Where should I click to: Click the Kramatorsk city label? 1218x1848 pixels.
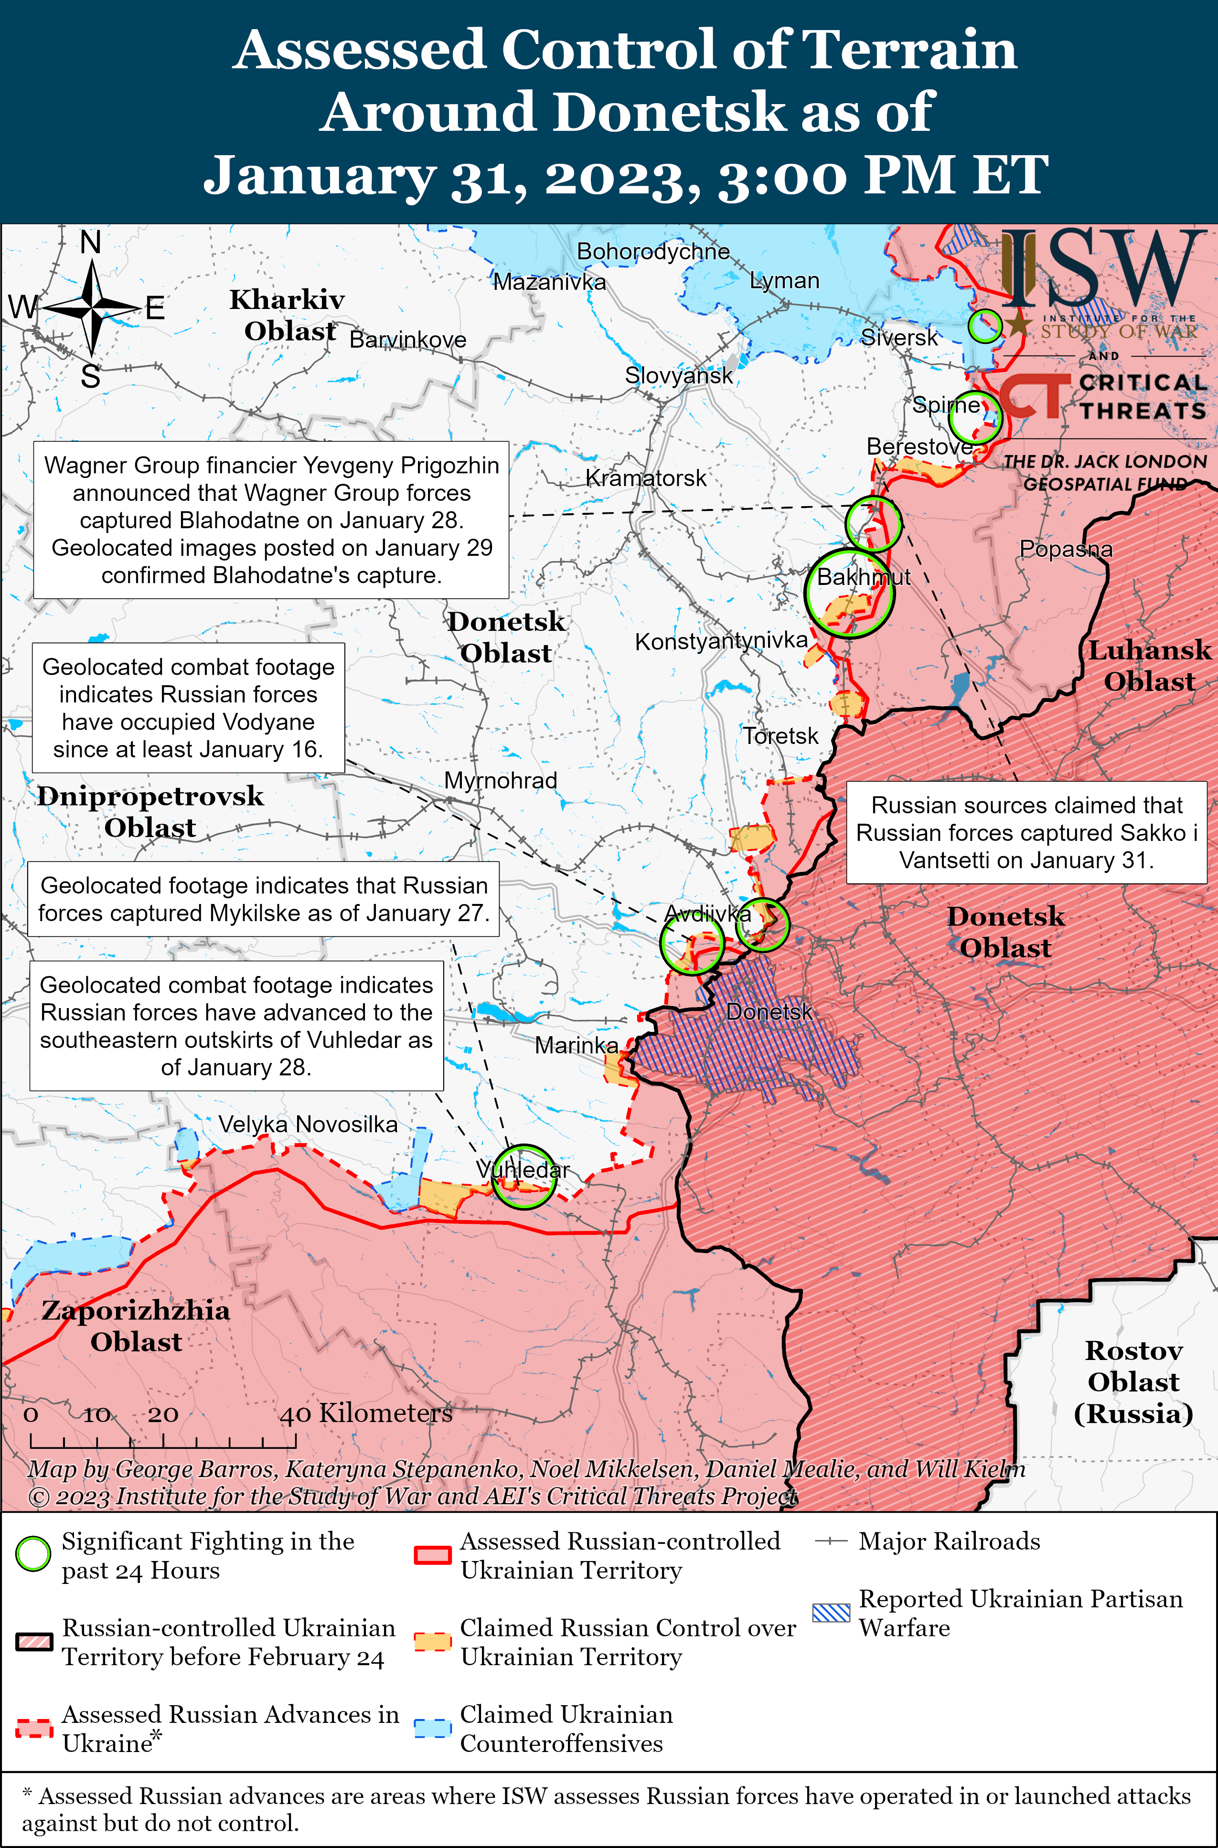tap(645, 478)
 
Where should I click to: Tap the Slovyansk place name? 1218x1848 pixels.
tap(678, 376)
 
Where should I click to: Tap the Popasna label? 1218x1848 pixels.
tap(1065, 549)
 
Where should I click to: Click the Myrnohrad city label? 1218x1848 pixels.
tap(500, 780)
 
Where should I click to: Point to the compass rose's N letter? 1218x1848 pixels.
tap(91, 243)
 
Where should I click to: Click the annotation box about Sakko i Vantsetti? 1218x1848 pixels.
tap(1026, 832)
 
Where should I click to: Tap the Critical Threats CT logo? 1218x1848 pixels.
tap(1033, 396)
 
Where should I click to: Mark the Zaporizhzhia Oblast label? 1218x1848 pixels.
tap(136, 1326)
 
